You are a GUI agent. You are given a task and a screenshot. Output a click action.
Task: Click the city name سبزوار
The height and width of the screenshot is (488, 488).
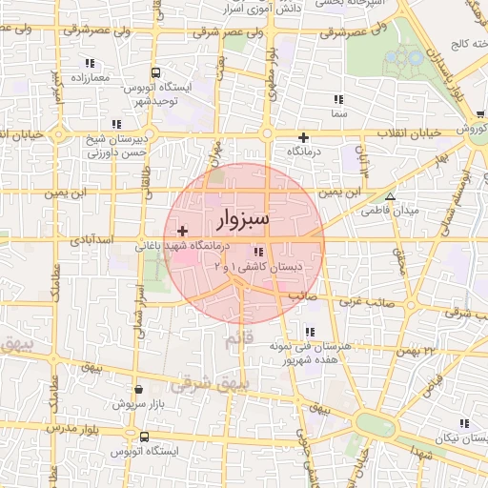coord(244,220)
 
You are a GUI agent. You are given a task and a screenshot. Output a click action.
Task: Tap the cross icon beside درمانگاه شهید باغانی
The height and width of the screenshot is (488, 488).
coord(183,232)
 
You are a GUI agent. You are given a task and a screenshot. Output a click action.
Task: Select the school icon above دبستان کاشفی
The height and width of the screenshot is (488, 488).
coord(257,252)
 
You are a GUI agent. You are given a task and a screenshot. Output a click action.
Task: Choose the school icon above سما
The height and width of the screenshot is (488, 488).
coord(337,99)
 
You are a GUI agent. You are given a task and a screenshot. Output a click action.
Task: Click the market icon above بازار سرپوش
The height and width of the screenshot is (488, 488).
coord(140,389)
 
